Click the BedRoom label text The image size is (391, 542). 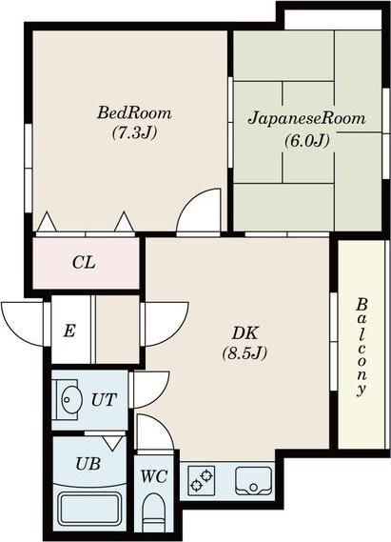[134, 113]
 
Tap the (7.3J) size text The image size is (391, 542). [134, 132]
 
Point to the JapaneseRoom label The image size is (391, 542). [306, 118]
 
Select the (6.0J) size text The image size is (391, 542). [306, 140]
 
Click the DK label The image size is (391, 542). [245, 333]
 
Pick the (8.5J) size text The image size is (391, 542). [245, 353]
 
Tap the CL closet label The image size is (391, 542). [84, 263]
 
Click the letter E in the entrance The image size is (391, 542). [69, 331]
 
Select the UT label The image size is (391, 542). [104, 400]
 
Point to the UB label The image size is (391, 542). [88, 464]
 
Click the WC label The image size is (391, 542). [154, 476]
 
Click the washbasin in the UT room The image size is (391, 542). [71, 399]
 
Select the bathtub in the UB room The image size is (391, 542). [89, 508]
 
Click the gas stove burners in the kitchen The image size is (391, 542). [202, 480]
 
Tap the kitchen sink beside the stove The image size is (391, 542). [254, 480]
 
